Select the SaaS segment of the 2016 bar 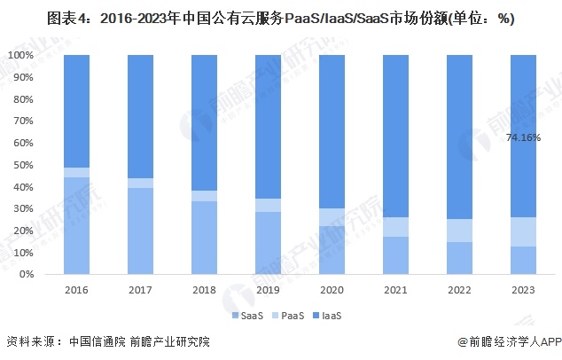tap(77, 226)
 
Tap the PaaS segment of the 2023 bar tap(524, 231)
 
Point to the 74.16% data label tap(523, 137)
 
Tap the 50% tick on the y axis tap(21, 165)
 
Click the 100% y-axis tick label tap(19, 55)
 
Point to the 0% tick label tap(24, 275)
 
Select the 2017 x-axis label tap(141, 290)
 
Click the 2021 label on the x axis tap(396, 290)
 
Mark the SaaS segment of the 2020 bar tap(332, 250)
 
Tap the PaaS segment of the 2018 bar tap(205, 196)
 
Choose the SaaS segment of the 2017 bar tap(141, 231)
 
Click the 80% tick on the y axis tap(21, 98)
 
